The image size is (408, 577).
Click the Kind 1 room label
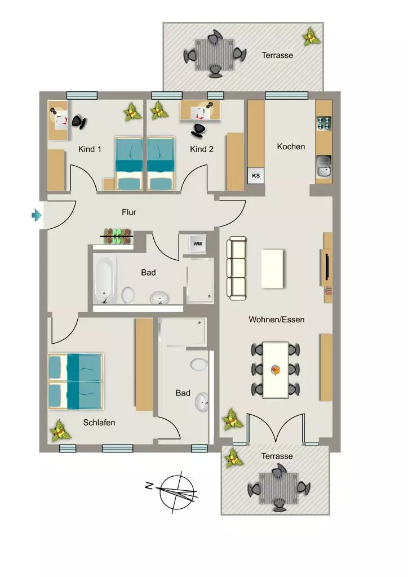pos(90,149)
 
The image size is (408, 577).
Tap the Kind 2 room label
pos(202,149)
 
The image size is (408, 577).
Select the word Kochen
pos(291,147)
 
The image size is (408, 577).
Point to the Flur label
pos(128,212)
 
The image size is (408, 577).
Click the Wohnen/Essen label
pos(276,319)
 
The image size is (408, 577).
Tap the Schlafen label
pos(99,423)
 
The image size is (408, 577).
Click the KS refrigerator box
pos(256,176)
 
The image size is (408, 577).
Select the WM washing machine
pos(198,243)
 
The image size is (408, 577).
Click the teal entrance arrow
pos(37,215)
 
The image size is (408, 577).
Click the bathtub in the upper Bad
pos(105,279)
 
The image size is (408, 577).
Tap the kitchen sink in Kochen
pos(323,167)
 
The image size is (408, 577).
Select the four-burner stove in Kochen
pos(323,123)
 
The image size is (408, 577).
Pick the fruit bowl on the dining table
pos(276,370)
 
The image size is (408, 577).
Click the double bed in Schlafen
pos(76,381)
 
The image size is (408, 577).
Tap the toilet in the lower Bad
pos(199,365)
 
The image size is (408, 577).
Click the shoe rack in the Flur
pos(117,236)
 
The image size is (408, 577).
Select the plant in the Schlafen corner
pos(60,430)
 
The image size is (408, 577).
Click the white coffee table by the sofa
pos(272,269)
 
